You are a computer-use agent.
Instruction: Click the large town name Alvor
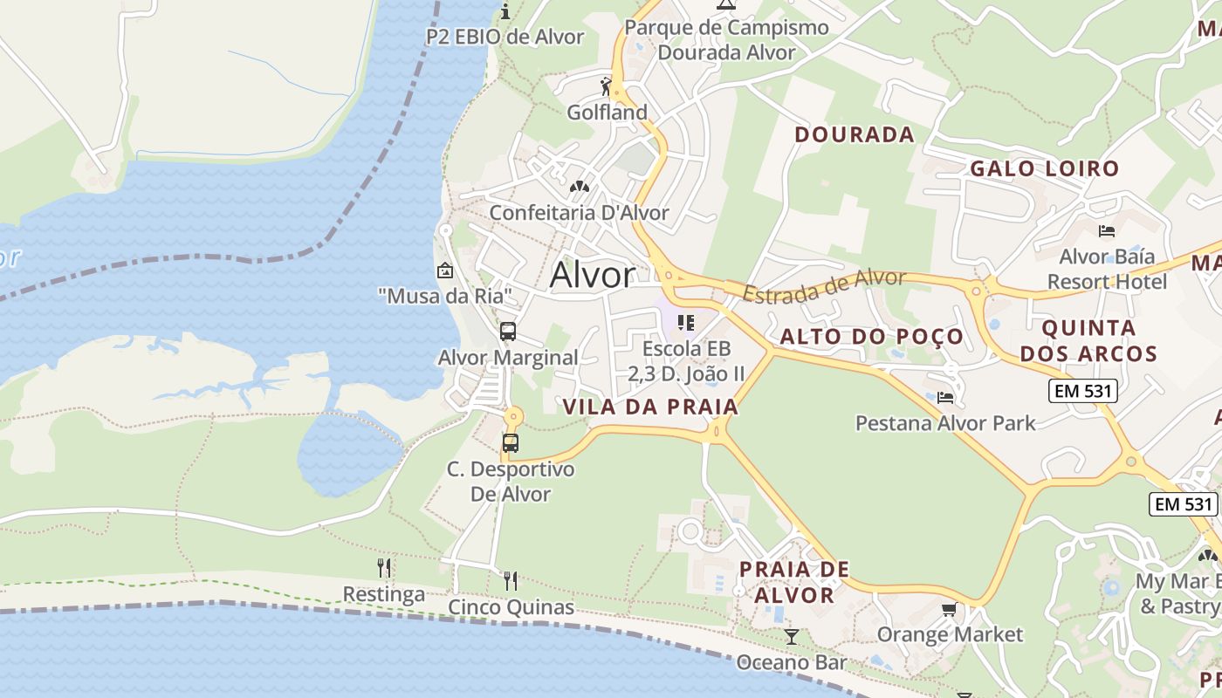point(593,276)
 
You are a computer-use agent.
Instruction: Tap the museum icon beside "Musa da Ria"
point(445,270)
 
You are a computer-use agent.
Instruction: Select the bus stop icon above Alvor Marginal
point(508,332)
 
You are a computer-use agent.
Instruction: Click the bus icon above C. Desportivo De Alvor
point(511,442)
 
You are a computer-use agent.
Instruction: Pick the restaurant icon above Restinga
point(384,568)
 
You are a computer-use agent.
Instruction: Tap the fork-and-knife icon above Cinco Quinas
point(511,580)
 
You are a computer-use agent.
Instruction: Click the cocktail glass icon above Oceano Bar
point(791,636)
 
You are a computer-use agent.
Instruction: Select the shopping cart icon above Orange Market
point(949,609)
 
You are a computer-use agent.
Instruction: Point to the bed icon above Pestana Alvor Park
point(945,398)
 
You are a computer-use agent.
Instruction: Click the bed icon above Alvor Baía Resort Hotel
point(1107,231)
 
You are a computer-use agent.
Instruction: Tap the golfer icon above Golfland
point(607,86)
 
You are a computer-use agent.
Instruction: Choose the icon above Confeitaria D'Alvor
point(579,187)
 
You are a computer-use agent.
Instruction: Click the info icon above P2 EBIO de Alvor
point(505,11)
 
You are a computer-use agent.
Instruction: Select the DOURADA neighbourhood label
point(855,134)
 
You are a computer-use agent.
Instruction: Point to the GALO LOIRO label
point(1044,168)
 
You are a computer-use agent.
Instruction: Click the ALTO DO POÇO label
point(871,337)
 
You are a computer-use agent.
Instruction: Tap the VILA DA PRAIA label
point(650,407)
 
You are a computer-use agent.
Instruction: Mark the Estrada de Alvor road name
point(824,285)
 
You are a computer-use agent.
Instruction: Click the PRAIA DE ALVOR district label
point(793,582)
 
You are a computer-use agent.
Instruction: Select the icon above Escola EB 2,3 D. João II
point(685,323)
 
